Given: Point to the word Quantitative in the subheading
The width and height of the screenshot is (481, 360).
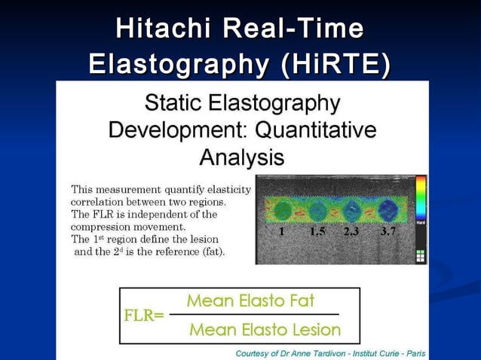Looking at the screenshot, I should point(317,130).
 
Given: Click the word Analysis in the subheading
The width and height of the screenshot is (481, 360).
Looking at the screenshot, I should point(241,157).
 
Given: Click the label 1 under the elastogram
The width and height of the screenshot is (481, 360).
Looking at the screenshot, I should point(282,232).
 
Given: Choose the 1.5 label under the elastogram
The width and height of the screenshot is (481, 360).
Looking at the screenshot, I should point(317,232).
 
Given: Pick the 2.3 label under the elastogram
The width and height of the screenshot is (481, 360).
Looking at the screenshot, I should point(351,232).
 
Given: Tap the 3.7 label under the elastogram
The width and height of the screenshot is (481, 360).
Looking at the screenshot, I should point(388,232).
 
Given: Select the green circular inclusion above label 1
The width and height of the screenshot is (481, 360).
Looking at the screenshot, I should point(281,210).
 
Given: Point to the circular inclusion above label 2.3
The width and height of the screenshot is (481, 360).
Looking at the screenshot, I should point(352,211).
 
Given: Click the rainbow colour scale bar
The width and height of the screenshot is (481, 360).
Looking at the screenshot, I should point(421,197).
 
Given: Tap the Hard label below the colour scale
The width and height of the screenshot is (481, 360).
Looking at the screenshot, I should point(421,223).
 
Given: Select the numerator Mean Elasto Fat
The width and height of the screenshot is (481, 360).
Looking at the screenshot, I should point(250,301).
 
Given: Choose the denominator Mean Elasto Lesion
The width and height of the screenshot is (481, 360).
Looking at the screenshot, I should point(265,330).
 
